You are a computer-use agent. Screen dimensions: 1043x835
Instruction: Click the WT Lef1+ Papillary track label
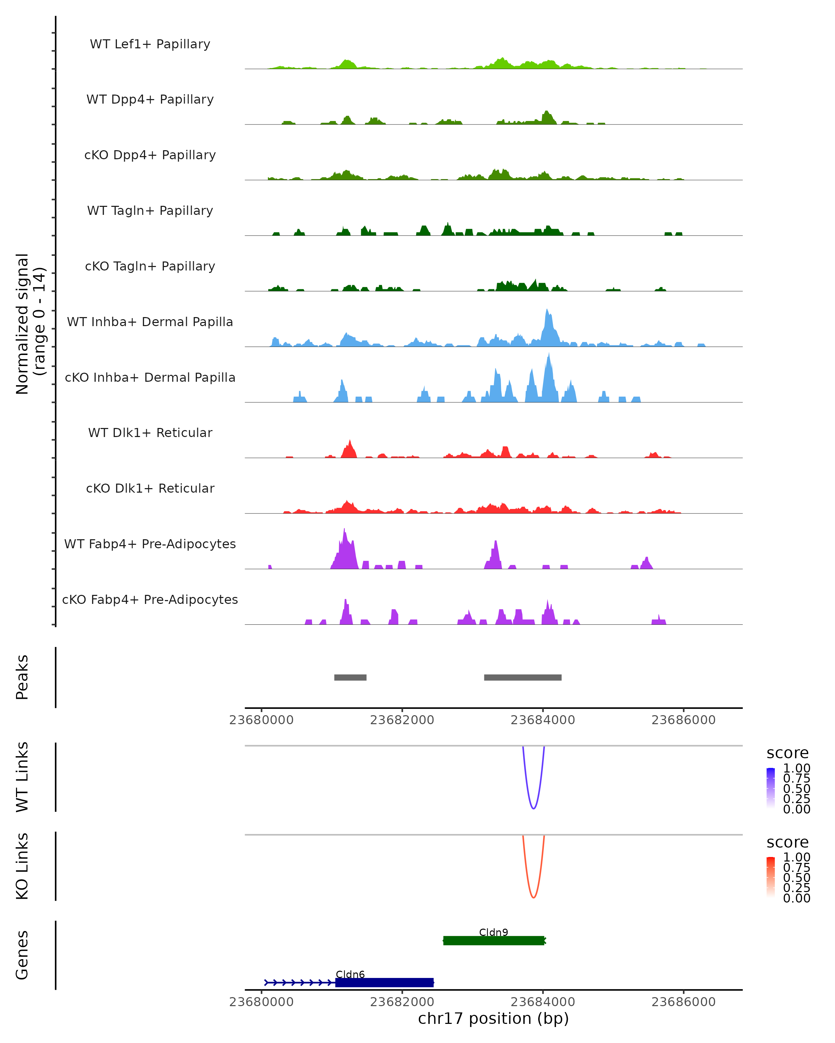150,44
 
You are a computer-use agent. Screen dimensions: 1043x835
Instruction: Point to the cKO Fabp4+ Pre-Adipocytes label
150,599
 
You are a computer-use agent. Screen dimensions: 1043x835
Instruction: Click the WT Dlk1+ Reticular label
150,432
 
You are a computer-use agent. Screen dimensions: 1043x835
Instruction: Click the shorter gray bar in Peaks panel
350,677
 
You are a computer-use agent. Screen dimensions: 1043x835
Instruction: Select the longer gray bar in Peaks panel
523,677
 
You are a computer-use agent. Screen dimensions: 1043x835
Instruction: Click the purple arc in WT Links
533,808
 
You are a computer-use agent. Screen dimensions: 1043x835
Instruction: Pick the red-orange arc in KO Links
533,897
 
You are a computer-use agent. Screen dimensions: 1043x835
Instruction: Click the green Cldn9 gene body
494,940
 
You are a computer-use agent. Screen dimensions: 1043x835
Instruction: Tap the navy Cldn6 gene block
384,983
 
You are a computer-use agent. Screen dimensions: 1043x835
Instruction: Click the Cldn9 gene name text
494,932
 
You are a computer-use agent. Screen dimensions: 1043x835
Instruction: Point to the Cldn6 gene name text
350,974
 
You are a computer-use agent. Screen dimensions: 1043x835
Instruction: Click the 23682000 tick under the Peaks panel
402,720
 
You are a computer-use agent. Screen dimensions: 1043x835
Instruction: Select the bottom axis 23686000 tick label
684,1002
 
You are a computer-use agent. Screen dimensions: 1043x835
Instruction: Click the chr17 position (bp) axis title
493,1018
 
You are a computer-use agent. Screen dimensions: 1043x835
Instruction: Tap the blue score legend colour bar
771,788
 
